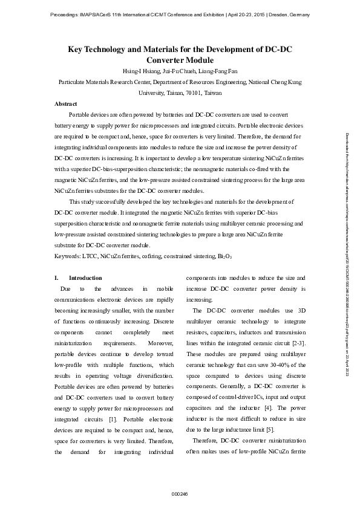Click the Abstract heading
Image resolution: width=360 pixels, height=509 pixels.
point(65,104)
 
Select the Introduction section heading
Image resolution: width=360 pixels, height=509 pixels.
point(85,278)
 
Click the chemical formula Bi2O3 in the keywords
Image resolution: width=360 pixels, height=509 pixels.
point(224,256)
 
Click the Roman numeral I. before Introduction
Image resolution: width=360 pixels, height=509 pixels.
point(56,278)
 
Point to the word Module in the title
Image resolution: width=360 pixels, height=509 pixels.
point(197,60)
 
